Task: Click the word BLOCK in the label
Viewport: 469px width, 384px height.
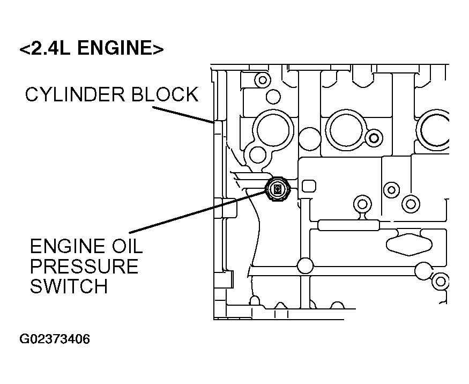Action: (x=165, y=94)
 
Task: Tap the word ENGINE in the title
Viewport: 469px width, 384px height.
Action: (x=114, y=48)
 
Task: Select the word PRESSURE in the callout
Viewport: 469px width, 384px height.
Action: (x=84, y=266)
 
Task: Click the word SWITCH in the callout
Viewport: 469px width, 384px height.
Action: (x=69, y=286)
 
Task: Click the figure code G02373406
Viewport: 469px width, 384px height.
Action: (x=55, y=339)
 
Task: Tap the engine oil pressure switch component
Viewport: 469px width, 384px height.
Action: (x=277, y=189)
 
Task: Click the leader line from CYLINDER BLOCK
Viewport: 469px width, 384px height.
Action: (x=183, y=115)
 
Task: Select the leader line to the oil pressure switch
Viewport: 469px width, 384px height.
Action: (x=198, y=211)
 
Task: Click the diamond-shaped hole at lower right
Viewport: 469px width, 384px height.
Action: (x=409, y=244)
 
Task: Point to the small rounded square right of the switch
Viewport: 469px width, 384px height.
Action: (x=309, y=186)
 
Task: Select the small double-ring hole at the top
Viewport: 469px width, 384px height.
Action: (x=263, y=80)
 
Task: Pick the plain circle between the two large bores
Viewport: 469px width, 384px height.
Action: (x=310, y=138)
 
